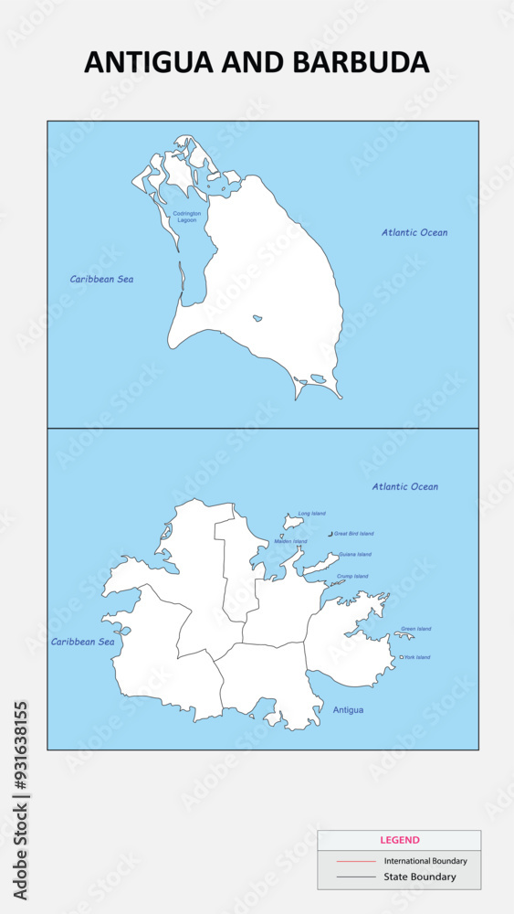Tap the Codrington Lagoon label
(x=186, y=217)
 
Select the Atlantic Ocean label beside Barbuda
(x=414, y=233)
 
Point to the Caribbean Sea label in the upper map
(x=101, y=279)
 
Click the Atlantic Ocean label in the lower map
(x=404, y=487)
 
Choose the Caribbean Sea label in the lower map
(x=82, y=642)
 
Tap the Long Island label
(x=311, y=514)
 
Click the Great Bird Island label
(x=353, y=534)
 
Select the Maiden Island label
(x=290, y=541)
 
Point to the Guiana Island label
(x=354, y=555)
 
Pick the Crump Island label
(x=351, y=577)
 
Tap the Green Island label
(x=416, y=629)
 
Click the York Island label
(x=417, y=657)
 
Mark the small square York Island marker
(x=402, y=657)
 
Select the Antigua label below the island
(x=348, y=710)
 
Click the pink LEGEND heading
(x=399, y=840)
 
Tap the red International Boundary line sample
(x=355, y=861)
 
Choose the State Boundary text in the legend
(x=420, y=877)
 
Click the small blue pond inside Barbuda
(x=257, y=319)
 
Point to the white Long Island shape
(x=293, y=521)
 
